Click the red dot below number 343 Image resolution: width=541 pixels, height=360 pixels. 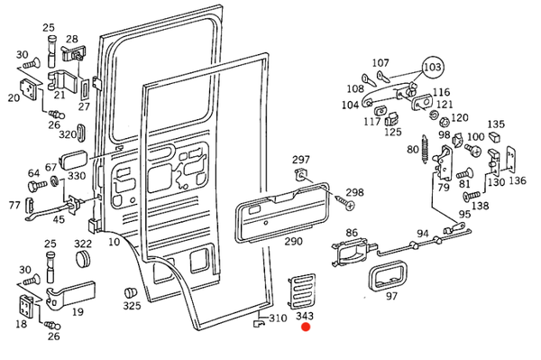point(306,327)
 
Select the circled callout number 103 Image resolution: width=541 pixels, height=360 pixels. point(433,67)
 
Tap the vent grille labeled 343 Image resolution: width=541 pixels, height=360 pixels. point(302,291)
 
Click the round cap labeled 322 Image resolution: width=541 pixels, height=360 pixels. point(82,258)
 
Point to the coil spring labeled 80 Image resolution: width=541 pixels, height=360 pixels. point(425,149)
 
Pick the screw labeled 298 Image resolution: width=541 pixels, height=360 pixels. point(345,202)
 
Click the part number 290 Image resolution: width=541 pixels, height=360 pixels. point(293,241)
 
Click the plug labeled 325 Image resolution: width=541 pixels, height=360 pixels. point(130,292)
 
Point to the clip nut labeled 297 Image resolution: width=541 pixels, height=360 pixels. point(301,175)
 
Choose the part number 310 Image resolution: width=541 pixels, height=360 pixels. point(278,318)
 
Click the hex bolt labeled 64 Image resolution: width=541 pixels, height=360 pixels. point(37,185)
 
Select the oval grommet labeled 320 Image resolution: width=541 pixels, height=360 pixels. point(81,132)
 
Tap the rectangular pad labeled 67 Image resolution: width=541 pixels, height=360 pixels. point(73,160)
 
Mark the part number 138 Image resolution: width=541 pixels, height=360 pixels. point(481,206)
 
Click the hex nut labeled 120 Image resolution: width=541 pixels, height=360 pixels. point(445,121)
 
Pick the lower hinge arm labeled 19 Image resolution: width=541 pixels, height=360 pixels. point(70,294)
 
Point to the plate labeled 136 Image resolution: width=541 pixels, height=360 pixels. point(510,159)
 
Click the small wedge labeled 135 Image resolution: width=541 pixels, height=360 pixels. point(494,136)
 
